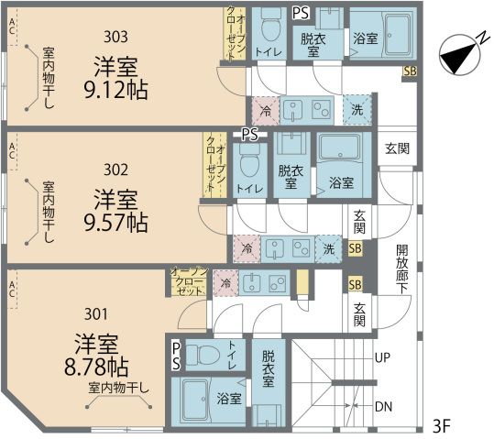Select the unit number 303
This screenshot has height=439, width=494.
click(x=115, y=37)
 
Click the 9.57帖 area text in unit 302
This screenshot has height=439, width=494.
click(x=115, y=223)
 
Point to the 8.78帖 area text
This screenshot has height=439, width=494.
click(x=96, y=368)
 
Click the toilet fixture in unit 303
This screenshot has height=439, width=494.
click(x=269, y=26)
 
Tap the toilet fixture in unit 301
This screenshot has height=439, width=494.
click(x=203, y=355)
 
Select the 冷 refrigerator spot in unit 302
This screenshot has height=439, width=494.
click(x=247, y=249)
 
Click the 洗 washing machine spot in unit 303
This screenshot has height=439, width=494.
click(x=357, y=110)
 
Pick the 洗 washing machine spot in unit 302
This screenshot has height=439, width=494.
click(x=328, y=249)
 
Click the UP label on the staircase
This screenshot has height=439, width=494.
click(x=382, y=357)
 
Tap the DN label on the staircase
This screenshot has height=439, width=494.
click(x=383, y=407)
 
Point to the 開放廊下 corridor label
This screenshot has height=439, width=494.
click(x=402, y=269)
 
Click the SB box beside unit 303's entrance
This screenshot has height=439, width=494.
click(x=411, y=71)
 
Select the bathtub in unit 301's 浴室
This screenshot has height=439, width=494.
click(x=195, y=401)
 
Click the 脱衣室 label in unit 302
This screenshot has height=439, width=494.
click(x=291, y=177)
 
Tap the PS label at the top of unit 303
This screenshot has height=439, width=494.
click(x=301, y=13)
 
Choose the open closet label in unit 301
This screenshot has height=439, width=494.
click(x=189, y=281)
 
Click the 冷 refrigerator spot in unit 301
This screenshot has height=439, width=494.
click(x=225, y=283)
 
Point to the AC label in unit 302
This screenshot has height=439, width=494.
click(x=12, y=151)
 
